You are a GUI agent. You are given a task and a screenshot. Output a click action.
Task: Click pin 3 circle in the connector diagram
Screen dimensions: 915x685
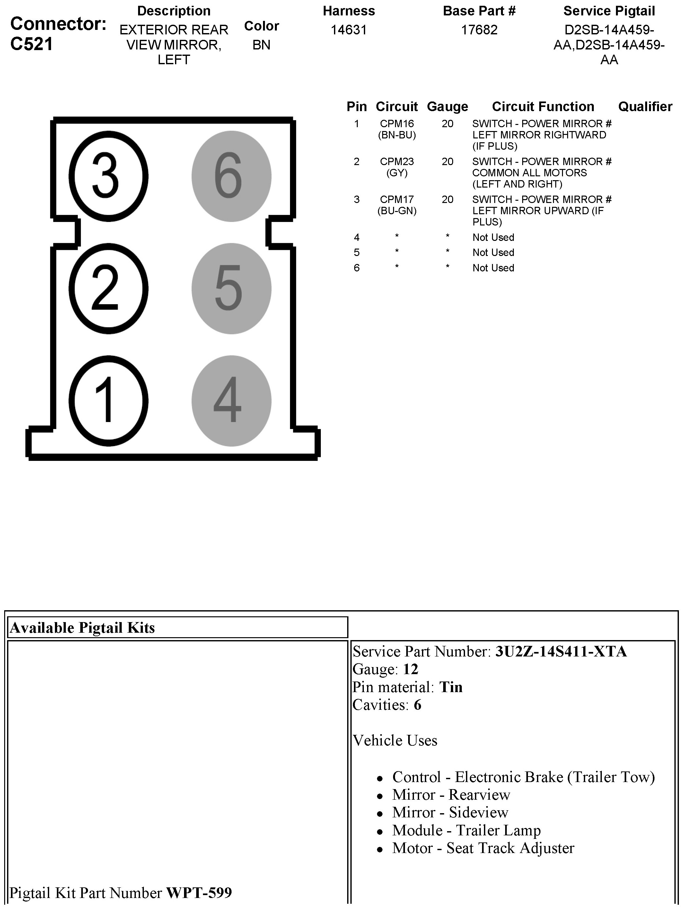108,177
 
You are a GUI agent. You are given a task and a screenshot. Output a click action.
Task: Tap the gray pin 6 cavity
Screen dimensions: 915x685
231,177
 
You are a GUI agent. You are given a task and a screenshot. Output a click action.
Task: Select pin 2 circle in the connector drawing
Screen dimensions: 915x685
108,288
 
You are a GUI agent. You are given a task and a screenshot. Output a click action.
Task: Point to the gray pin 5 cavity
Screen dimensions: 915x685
231,288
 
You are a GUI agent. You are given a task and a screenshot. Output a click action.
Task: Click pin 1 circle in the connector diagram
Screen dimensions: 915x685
108,400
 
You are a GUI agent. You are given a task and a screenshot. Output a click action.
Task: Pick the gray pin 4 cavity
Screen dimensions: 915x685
231,400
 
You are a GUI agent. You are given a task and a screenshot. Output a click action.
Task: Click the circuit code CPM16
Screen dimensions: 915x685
397,124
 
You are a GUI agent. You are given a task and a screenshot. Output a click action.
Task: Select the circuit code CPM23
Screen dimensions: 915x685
397,162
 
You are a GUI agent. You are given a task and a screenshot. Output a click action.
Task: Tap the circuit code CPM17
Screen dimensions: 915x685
397,199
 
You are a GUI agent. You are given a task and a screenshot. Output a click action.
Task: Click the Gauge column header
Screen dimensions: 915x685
447,107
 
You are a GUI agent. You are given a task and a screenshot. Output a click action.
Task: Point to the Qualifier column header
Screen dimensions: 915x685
645,107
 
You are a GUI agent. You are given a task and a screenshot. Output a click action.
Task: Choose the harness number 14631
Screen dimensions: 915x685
349,30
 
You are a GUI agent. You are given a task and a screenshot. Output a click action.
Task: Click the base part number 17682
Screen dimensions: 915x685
479,30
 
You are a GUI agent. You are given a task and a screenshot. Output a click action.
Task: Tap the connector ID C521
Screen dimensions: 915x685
31,44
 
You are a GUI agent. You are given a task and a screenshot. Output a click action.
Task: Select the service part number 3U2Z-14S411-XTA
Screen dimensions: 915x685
561,652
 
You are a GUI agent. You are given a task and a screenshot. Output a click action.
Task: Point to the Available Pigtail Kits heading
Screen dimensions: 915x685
82,628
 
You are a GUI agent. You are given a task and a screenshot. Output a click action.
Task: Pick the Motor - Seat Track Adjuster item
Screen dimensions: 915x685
483,848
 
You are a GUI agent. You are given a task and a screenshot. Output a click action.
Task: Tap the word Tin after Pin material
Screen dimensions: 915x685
451,687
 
